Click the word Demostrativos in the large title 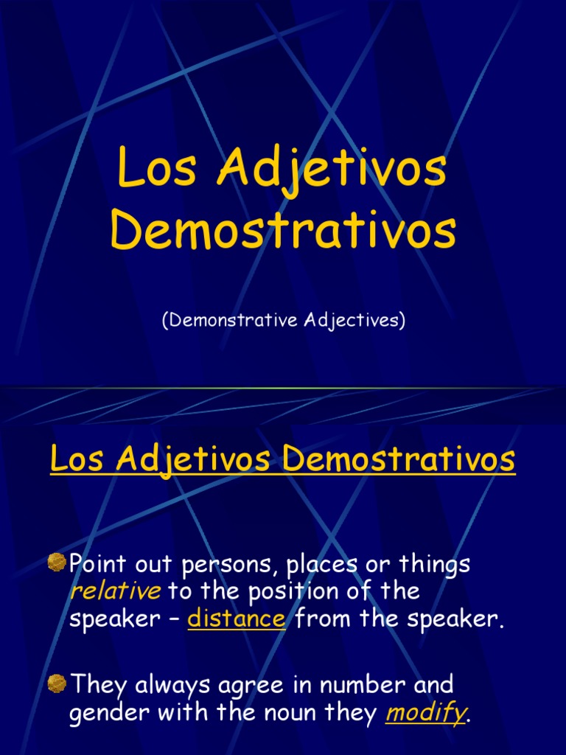point(283,231)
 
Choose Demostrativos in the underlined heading point(399,460)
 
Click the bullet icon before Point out point(57,564)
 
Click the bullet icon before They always point(57,684)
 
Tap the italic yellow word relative point(115,591)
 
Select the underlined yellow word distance point(237,619)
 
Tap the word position point(283,592)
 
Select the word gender point(103,714)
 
